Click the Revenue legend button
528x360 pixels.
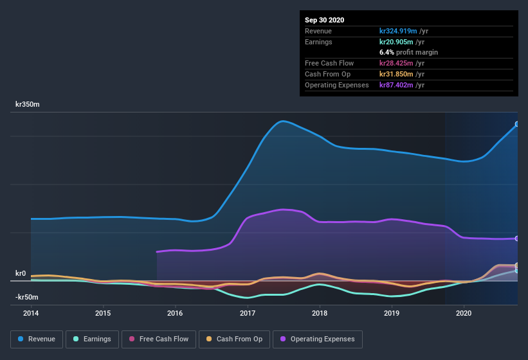[x=36, y=339]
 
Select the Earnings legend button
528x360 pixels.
[x=92, y=339]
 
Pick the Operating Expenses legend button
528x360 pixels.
[x=318, y=339]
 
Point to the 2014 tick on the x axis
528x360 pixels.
[x=31, y=313]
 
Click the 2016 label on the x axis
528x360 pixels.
[x=175, y=313]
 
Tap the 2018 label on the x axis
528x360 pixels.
[x=320, y=313]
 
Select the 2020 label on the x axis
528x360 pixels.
[x=464, y=313]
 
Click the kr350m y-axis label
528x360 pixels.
[x=27, y=104]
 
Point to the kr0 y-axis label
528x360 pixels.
[x=21, y=273]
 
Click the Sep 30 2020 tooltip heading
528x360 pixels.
[x=324, y=20]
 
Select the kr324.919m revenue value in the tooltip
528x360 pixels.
[x=400, y=30]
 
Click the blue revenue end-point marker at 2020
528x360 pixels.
[x=517, y=124]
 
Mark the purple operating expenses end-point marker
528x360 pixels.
[x=517, y=239]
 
